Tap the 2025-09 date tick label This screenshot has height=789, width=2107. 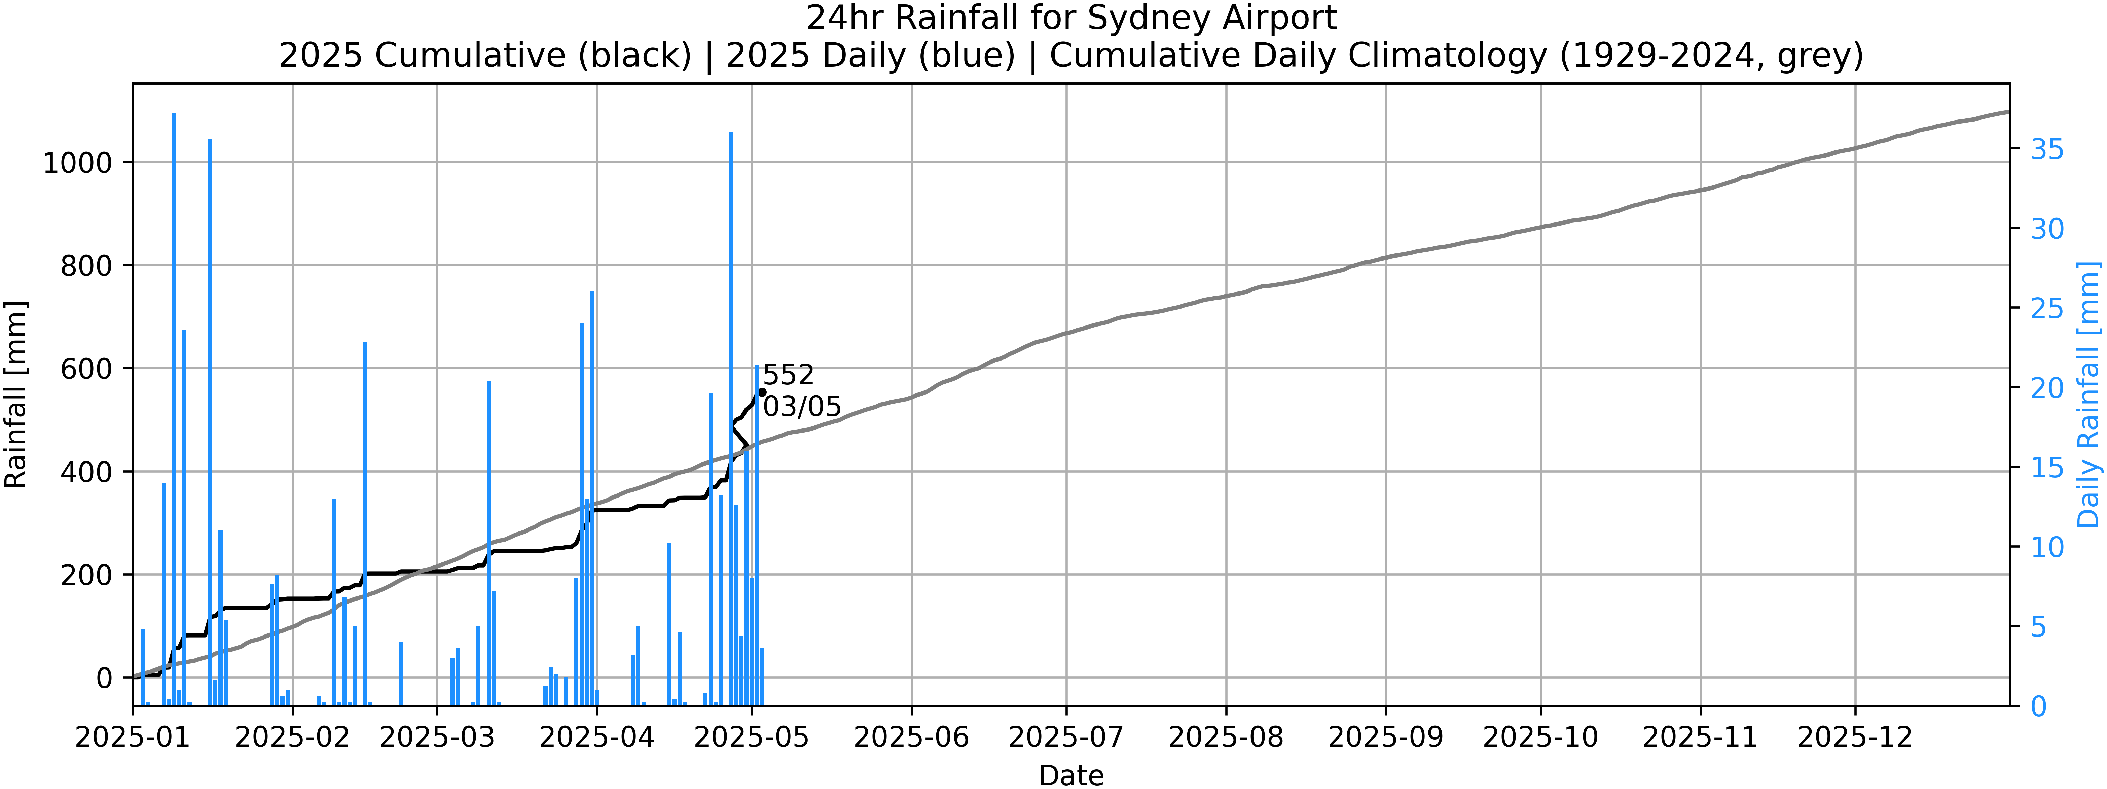point(1386,737)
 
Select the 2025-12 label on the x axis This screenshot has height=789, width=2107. point(1855,737)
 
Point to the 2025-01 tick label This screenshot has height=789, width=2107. point(133,737)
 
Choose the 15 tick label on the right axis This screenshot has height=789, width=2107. point(2047,468)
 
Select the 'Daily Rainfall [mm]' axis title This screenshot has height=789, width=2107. point(2088,394)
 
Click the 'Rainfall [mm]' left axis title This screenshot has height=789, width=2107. point(16,394)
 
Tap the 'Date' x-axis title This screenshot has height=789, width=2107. point(1071,774)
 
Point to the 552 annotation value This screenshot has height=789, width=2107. point(789,375)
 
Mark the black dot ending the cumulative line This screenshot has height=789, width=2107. point(762,392)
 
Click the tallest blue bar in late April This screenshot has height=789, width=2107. point(730,417)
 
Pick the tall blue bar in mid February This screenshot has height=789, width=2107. point(365,524)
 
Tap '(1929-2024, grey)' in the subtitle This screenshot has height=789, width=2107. point(1711,56)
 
